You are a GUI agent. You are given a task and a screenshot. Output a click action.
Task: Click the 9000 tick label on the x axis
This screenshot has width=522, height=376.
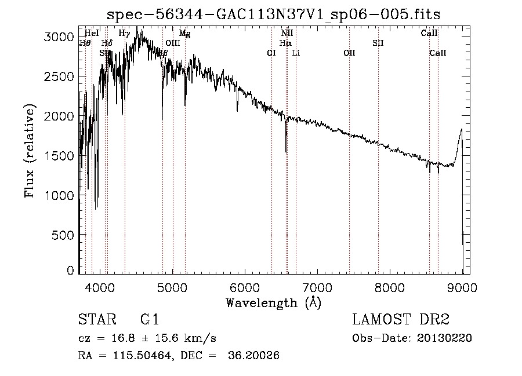(x=462, y=286)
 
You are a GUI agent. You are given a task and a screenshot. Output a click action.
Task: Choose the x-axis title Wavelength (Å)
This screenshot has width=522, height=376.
(x=273, y=302)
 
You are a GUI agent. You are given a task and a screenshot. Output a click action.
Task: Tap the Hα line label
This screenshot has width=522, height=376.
(x=285, y=43)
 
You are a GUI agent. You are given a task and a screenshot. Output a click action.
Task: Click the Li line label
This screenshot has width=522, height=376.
(x=296, y=53)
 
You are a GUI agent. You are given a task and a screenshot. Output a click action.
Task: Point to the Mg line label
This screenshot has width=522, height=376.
(x=184, y=34)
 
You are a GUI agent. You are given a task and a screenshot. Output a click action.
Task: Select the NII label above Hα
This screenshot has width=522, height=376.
(x=287, y=34)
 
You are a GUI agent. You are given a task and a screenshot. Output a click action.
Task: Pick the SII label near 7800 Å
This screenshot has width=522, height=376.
(x=378, y=43)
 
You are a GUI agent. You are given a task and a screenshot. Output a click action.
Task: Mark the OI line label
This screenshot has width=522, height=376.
(x=271, y=53)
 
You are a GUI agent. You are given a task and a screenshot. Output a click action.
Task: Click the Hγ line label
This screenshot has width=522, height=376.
(x=124, y=34)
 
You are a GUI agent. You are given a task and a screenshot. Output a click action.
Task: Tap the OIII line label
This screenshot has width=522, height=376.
(x=173, y=43)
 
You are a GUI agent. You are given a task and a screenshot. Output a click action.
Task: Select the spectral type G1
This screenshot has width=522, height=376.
(x=150, y=320)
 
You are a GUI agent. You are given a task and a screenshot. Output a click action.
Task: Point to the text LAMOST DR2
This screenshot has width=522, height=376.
(x=401, y=320)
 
